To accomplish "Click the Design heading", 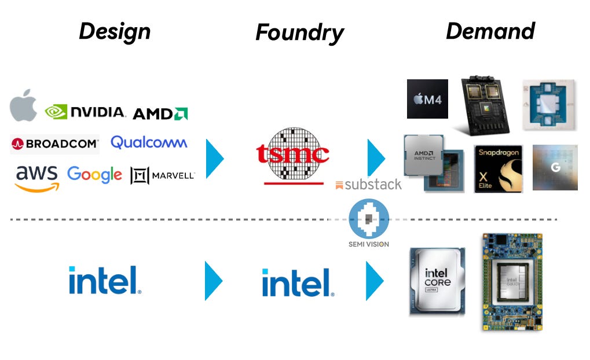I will tap(115, 31).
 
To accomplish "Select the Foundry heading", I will tap(299, 33).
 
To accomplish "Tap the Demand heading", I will tap(490, 31).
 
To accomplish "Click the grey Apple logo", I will tap(23, 106).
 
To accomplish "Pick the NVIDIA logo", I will tap(85, 112).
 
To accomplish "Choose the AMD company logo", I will tap(160, 113).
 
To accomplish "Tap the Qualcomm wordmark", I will tap(149, 142).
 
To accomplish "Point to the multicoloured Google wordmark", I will tap(94, 174).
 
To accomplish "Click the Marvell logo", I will tap(163, 175).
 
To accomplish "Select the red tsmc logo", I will tap(293, 153).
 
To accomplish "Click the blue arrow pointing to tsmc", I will tap(215, 156).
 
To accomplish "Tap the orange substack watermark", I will tap(368, 185).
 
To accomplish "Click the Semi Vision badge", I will tap(369, 223).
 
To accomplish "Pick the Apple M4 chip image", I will tap(427, 99).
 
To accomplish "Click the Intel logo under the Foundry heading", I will tap(298, 282).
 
